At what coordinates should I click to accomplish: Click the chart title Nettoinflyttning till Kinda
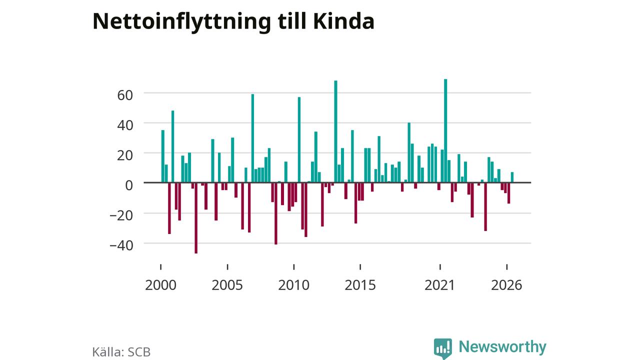[233, 22]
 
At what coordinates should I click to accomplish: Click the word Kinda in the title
[343, 21]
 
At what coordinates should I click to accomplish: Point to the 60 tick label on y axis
[125, 95]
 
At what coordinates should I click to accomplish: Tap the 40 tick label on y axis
[125, 125]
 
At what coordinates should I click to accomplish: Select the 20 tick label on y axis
[125, 155]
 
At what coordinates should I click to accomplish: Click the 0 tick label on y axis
[129, 185]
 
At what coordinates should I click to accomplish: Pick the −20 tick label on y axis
[121, 215]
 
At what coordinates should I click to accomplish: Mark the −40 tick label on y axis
[121, 245]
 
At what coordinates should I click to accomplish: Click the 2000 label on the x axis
[160, 285]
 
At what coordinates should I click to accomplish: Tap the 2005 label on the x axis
[227, 285]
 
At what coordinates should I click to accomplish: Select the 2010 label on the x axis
[293, 285]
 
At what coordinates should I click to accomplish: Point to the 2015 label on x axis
[360, 285]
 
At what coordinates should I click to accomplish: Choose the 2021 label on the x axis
[439, 285]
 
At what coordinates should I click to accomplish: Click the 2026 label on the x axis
[506, 285]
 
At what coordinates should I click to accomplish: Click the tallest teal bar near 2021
[445, 131]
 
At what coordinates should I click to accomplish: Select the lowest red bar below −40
[196, 218]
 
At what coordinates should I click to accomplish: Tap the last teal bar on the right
[512, 177]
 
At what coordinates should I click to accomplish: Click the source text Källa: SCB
[121, 352]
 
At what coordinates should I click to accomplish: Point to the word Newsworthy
[502, 347]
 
